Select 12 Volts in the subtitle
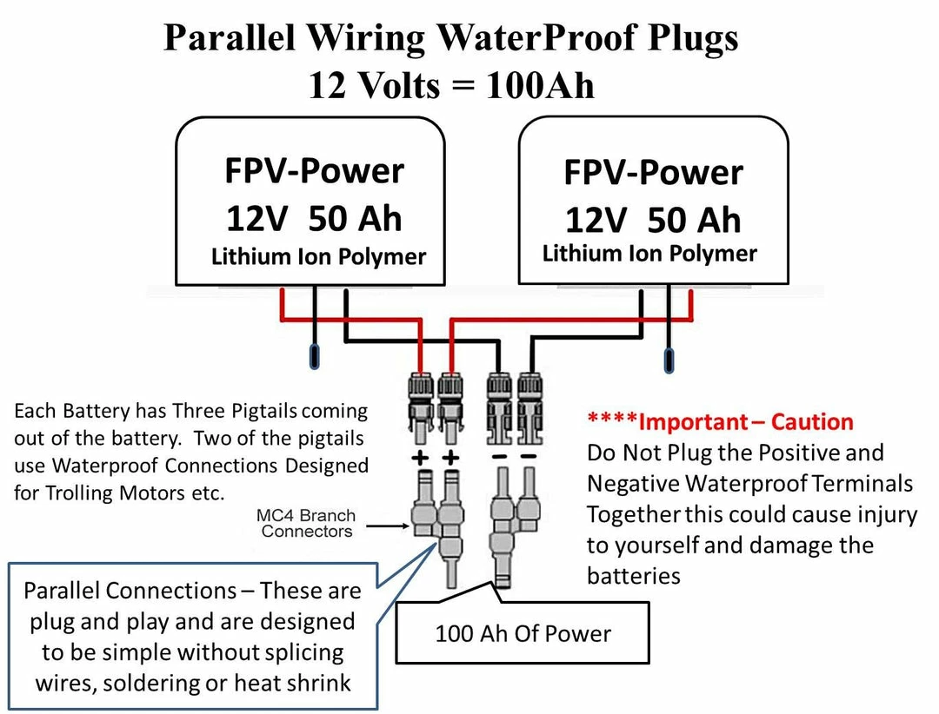pyautogui.click(x=375, y=86)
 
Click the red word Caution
pyautogui.click(x=812, y=422)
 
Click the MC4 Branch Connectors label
pyautogui.click(x=306, y=524)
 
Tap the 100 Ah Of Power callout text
pyautogui.click(x=523, y=633)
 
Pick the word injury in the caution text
pyautogui.click(x=877, y=514)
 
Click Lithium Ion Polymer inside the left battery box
pyautogui.click(x=318, y=257)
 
